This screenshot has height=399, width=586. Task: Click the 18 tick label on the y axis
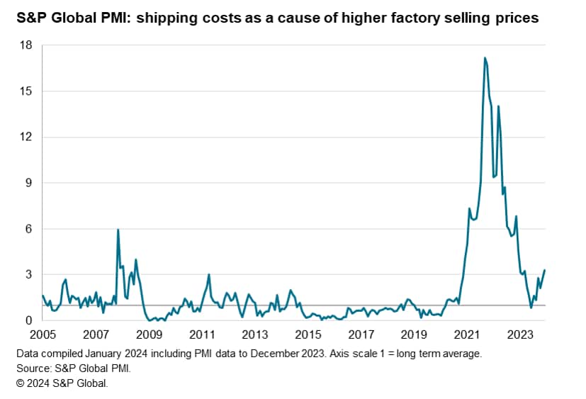[x=26, y=45]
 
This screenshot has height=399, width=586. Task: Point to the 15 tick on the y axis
[x=26, y=91]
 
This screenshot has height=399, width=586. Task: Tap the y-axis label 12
[x=26, y=137]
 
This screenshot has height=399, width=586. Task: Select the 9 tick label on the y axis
[x=29, y=183]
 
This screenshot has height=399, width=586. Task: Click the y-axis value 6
[x=29, y=229]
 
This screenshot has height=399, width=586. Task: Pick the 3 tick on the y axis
[x=29, y=274]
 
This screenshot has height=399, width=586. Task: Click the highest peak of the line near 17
[x=485, y=57]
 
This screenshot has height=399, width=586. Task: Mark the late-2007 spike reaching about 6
[x=118, y=230]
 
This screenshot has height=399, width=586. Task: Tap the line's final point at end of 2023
[x=544, y=270]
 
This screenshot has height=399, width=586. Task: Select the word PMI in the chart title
[x=120, y=18]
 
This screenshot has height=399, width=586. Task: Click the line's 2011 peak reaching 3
[x=209, y=274]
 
